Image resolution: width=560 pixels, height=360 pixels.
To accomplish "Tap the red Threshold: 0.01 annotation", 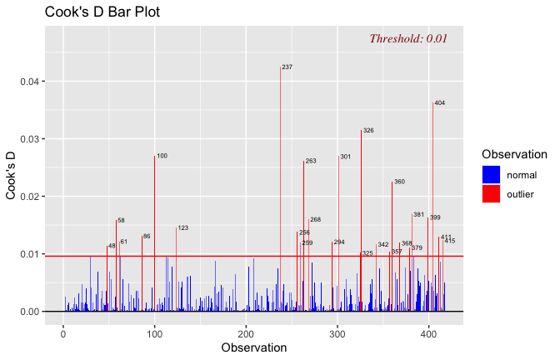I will pos(408,38).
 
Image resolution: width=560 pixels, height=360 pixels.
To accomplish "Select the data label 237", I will pos(287,67).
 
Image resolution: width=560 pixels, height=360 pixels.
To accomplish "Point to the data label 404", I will pos(440,103).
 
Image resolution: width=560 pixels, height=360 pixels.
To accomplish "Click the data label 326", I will pos(368,131).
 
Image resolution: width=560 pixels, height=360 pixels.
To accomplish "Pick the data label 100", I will pos(162,156).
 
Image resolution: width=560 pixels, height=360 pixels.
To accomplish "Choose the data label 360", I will pos(399,182).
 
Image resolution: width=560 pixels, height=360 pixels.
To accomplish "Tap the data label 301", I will pos(345,157).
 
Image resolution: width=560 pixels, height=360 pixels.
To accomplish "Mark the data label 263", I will pos(311,161).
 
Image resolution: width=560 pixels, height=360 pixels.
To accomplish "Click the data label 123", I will pos(183,227).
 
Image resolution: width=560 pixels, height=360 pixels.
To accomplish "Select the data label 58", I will pos(121,221).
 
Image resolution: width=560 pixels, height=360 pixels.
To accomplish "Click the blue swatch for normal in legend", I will pos(491,174).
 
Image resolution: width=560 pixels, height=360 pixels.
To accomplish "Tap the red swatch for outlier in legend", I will pos(491,193).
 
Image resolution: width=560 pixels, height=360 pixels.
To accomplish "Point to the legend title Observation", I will pos(514,154).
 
